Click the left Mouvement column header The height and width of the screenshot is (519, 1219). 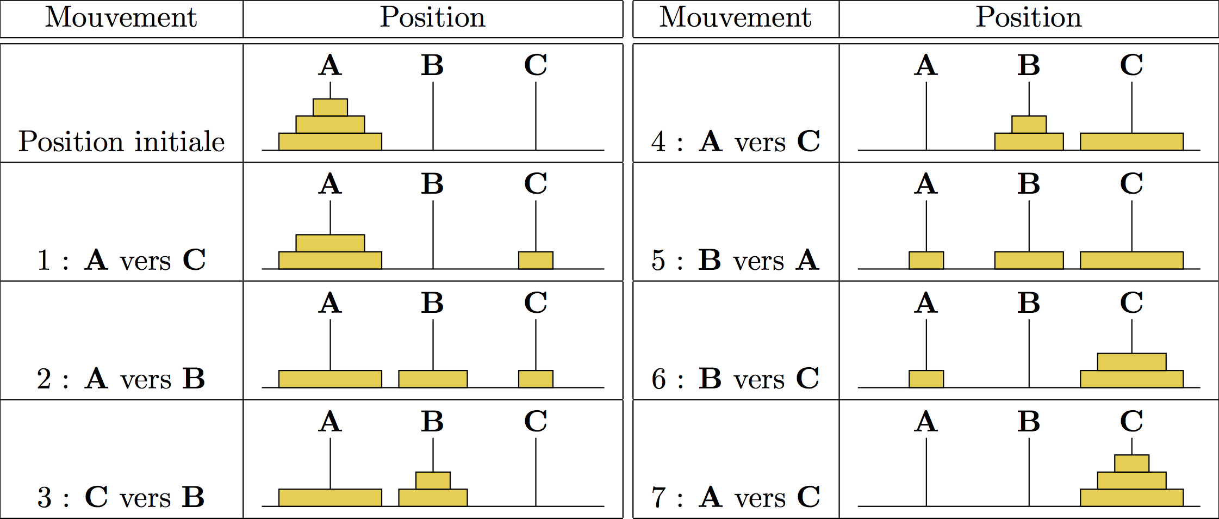(x=121, y=17)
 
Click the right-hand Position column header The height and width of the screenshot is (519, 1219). (x=1028, y=17)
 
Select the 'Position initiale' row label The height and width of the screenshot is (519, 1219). (x=121, y=142)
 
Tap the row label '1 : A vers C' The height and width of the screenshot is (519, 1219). (x=121, y=260)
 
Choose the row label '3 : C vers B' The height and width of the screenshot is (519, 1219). (x=121, y=497)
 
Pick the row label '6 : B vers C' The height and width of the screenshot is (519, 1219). (x=735, y=379)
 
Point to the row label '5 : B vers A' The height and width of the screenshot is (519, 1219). (x=735, y=260)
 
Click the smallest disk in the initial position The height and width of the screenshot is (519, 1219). (x=330, y=107)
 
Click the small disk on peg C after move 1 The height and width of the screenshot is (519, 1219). (x=536, y=260)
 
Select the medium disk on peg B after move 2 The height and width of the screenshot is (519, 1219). (x=433, y=379)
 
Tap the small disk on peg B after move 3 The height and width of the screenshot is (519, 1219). (x=433, y=480)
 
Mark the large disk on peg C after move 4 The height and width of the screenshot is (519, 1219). (x=1131, y=141)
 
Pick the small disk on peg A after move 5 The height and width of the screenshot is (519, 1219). (x=926, y=260)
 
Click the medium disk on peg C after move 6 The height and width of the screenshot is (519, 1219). (x=1131, y=362)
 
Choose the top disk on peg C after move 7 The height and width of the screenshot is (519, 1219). (x=1131, y=464)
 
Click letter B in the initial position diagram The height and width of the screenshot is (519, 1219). (x=433, y=65)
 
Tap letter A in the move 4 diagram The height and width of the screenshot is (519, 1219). (x=926, y=65)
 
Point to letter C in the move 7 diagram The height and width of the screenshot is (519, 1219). (x=1131, y=421)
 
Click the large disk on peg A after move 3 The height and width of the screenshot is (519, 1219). (x=330, y=497)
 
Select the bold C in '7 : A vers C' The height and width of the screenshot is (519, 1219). (x=808, y=497)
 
